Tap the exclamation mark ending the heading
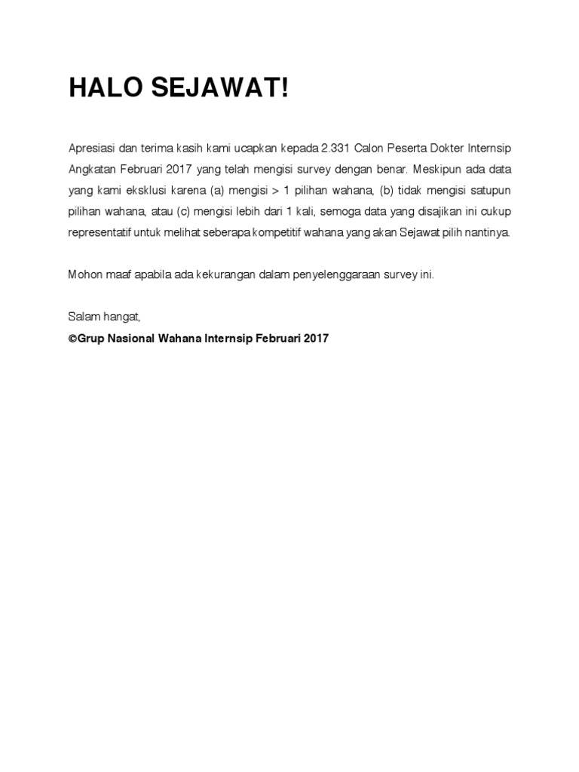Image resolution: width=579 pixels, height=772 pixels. [x=284, y=88]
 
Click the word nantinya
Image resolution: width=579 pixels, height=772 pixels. [x=489, y=232]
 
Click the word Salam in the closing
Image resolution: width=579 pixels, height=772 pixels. [x=82, y=318]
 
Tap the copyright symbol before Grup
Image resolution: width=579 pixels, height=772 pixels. [x=72, y=339]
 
